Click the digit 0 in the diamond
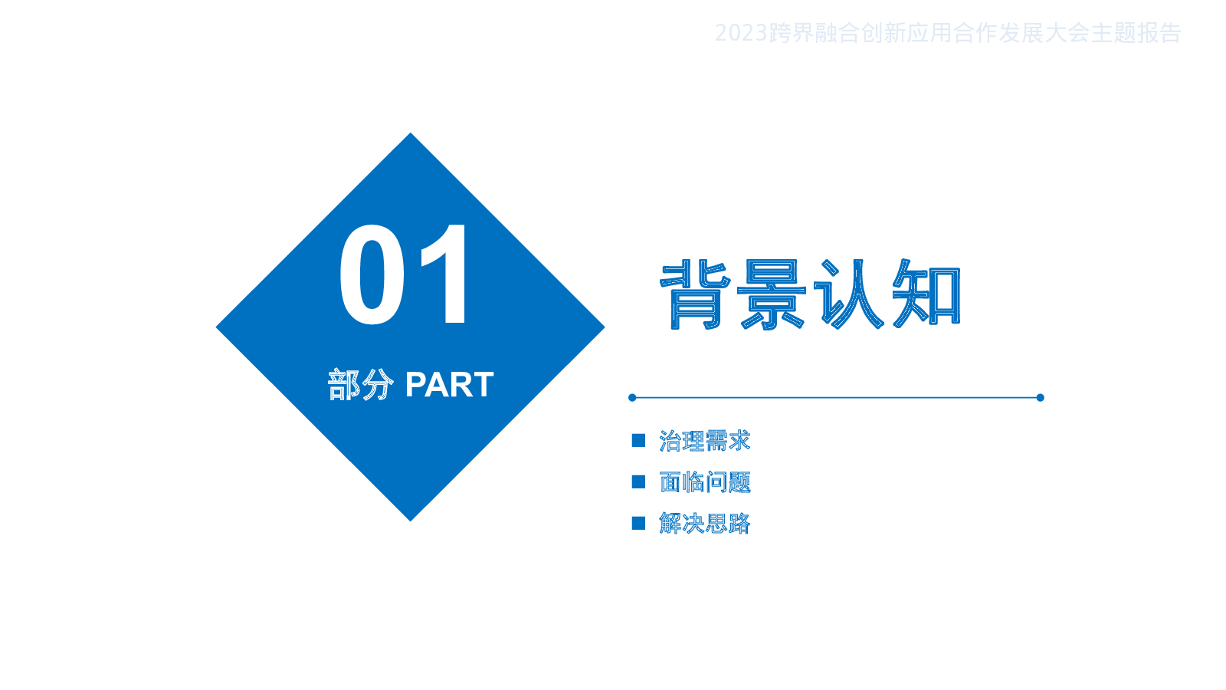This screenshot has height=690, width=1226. pyautogui.click(x=372, y=274)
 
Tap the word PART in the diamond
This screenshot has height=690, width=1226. pyautogui.click(x=449, y=384)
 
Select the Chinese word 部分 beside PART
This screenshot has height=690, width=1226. pyautogui.click(x=361, y=384)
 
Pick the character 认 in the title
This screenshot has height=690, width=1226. pyautogui.click(x=848, y=294)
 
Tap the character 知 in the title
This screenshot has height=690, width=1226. pyautogui.click(x=926, y=294)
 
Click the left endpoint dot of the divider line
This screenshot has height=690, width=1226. pyautogui.click(x=632, y=398)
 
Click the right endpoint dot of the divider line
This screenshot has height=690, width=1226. pyautogui.click(x=1041, y=398)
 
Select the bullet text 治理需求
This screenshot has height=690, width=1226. pyautogui.click(x=704, y=441)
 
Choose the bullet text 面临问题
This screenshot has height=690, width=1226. pyautogui.click(x=704, y=482)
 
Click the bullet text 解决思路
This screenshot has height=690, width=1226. pyautogui.click(x=704, y=524)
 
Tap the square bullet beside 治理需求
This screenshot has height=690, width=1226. pyautogui.click(x=638, y=440)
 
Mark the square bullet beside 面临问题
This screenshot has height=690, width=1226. pyautogui.click(x=638, y=482)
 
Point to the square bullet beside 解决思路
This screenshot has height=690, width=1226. pyautogui.click(x=638, y=523)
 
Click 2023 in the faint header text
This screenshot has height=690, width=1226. pyautogui.click(x=740, y=34)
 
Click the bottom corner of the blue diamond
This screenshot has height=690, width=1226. pyautogui.click(x=411, y=521)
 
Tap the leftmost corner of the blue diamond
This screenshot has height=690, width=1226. pyautogui.click(x=216, y=327)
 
